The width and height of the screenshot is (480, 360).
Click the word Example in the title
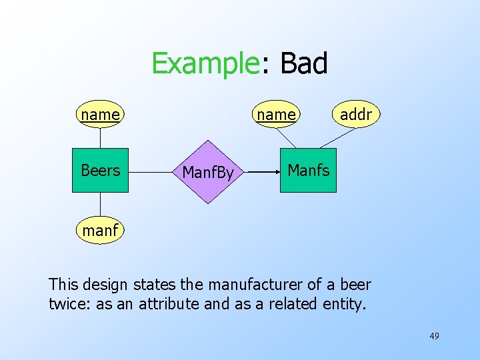(204, 64)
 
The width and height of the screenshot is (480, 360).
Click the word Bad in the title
(304, 64)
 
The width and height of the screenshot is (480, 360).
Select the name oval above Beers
(100, 115)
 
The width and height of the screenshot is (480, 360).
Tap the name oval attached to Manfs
(276, 115)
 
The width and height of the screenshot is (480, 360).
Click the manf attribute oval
(100, 231)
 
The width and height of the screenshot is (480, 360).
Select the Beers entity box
(100, 171)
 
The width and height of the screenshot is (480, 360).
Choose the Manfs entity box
(308, 171)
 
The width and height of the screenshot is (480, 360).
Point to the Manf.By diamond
(208, 172)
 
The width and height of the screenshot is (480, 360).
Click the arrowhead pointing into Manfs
(275, 172)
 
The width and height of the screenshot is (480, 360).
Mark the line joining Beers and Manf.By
(155, 172)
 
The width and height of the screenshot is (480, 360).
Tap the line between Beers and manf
(100, 205)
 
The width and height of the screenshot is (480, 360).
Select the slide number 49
(434, 336)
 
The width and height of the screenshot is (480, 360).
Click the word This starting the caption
(63, 285)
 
